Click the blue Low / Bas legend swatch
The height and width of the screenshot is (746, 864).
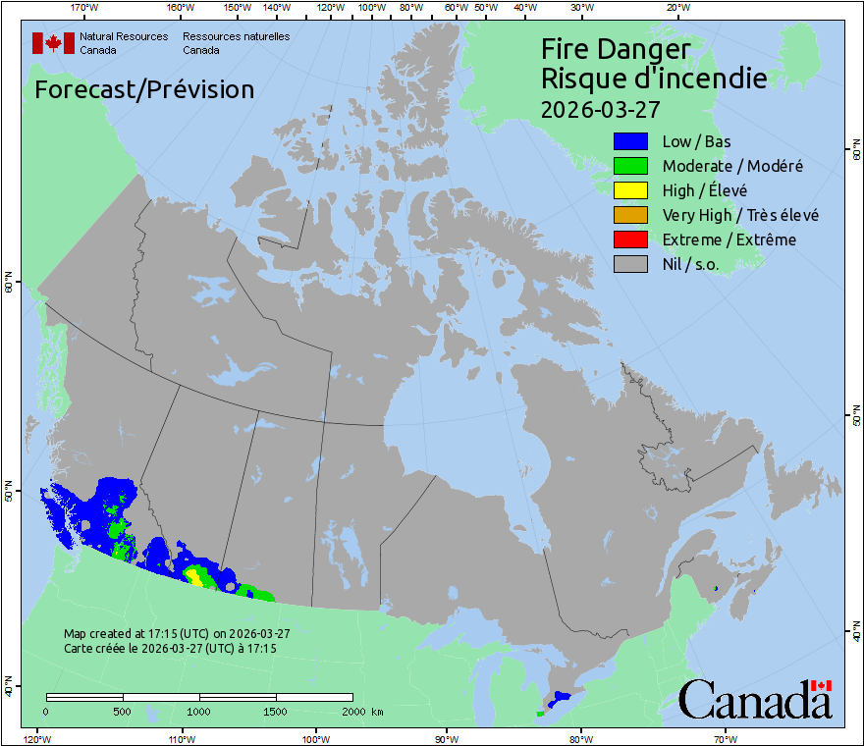point(629,142)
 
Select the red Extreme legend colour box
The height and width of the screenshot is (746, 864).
point(629,240)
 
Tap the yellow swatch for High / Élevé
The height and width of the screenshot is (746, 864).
point(629,190)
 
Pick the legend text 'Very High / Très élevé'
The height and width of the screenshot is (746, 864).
point(740,215)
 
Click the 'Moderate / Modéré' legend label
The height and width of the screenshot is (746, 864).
point(732,166)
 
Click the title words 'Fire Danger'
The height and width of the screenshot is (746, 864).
point(616,49)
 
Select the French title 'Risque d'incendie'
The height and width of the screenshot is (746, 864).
point(654,78)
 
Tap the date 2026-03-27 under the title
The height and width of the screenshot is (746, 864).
point(600,106)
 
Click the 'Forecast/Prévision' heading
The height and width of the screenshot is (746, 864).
point(144,89)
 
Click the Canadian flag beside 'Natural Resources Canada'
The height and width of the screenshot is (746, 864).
point(53,43)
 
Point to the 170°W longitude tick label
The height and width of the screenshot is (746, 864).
point(85,8)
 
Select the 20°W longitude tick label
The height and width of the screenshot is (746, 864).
point(676,8)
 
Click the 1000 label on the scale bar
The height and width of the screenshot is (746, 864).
point(199,711)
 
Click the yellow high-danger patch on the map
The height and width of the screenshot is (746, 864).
point(195,575)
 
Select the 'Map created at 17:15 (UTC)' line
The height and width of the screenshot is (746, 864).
point(177,634)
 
